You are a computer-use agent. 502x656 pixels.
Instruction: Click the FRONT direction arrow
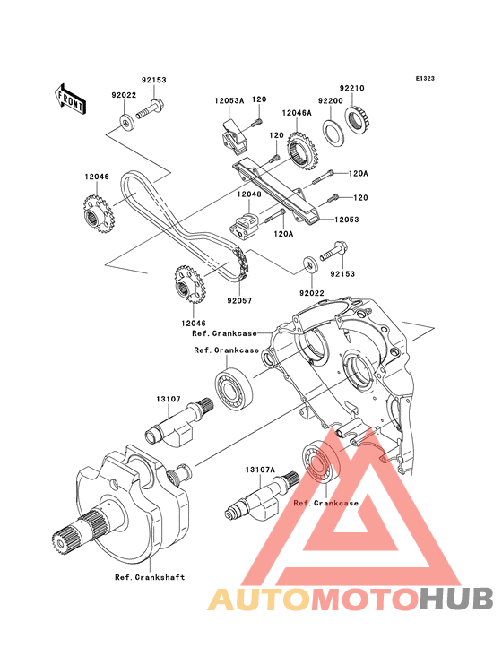click(70, 99)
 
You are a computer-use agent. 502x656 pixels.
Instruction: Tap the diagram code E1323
click(425, 78)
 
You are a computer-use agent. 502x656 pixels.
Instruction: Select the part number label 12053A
click(229, 101)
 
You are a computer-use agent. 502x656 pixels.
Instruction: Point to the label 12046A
click(297, 113)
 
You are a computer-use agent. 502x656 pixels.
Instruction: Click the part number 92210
click(351, 89)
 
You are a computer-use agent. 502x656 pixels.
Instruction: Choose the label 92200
click(331, 101)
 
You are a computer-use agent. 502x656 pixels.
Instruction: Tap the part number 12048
click(249, 194)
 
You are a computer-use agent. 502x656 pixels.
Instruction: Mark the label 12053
click(346, 220)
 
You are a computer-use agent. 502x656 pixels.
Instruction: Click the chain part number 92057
click(239, 300)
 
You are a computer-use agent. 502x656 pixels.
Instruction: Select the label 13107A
click(260, 470)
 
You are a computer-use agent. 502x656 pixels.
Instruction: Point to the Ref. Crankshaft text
click(150, 577)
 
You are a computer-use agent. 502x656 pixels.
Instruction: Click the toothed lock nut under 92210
click(358, 120)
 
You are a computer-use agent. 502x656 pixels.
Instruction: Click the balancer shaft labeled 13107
click(178, 423)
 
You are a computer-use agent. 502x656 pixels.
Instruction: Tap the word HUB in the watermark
click(456, 599)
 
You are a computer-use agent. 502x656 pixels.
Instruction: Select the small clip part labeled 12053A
click(233, 137)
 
